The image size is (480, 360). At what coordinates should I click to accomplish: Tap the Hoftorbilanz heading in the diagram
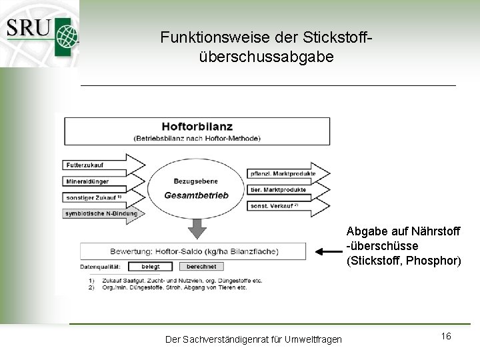(196, 125)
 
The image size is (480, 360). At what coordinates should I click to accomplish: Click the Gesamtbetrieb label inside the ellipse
(196, 195)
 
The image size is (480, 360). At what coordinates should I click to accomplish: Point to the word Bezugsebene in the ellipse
(196, 180)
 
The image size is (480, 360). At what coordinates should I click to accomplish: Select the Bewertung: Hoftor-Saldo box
(193, 251)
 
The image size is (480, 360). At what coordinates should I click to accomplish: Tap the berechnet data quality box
(201, 267)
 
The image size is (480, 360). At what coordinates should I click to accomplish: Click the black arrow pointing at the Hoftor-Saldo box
(328, 252)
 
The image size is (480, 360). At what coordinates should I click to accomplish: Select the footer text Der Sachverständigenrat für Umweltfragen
(253, 340)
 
